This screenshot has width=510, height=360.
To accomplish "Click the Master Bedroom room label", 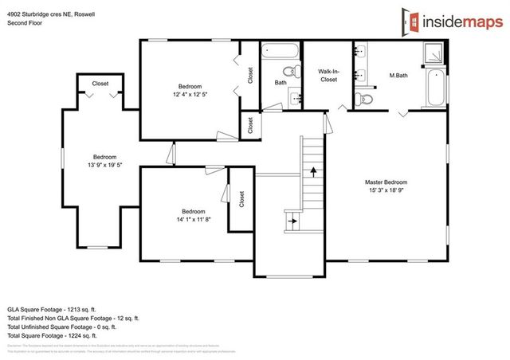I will click(x=391, y=182).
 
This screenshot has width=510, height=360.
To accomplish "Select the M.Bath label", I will click(x=398, y=76).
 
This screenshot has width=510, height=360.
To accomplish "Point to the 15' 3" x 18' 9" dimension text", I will click(x=391, y=190).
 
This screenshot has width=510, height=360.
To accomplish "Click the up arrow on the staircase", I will click(x=314, y=170).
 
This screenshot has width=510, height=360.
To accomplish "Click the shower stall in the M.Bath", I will click(x=437, y=53).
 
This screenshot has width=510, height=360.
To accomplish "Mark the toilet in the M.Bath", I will click(x=363, y=100).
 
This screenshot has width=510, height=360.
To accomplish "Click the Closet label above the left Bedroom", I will click(x=100, y=84).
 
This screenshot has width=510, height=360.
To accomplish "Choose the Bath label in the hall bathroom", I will click(x=280, y=82).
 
